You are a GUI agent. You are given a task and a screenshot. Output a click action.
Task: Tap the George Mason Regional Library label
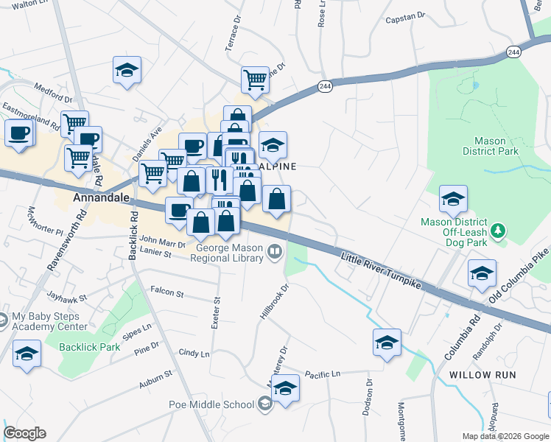tap(229, 253)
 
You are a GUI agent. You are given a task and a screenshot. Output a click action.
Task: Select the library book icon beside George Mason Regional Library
tap(275, 253)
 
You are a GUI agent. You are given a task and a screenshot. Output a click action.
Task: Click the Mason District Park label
tap(491, 146)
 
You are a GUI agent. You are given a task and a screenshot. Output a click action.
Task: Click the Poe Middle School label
tap(211, 404)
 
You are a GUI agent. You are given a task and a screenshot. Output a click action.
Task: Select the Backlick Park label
tap(89, 347)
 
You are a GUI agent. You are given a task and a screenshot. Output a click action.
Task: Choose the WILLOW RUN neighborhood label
tap(482, 375)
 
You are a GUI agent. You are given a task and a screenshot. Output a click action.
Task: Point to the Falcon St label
tap(166, 292)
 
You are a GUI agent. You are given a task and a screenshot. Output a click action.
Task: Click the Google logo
tap(24, 433)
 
